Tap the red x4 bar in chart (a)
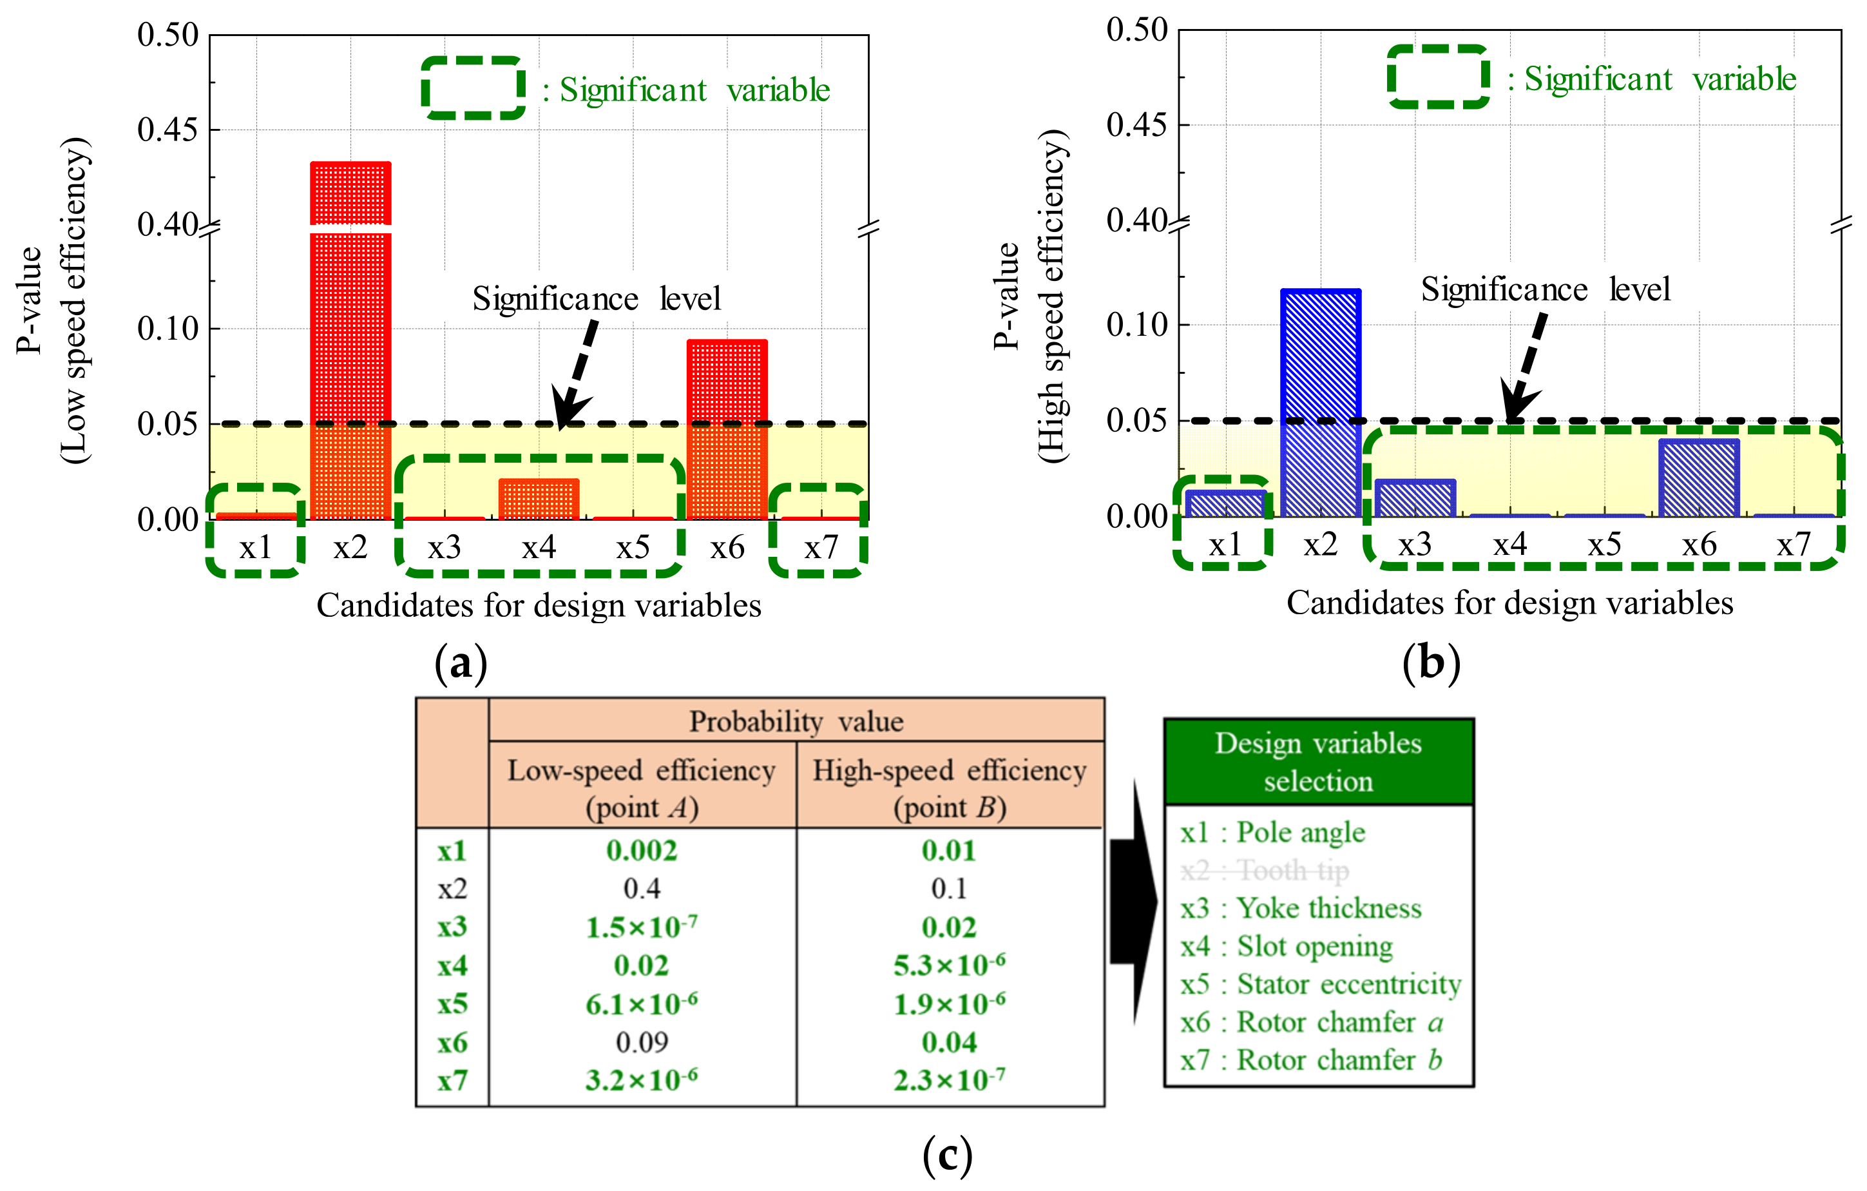point(539,499)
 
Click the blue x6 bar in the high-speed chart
point(1699,478)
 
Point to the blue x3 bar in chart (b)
point(1415,498)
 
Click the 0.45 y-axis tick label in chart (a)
point(168,130)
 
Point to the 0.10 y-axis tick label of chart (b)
point(1136,325)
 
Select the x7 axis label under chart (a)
point(821,547)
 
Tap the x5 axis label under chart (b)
point(1604,545)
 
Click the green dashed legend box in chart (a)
point(473,88)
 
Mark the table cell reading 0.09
point(642,1042)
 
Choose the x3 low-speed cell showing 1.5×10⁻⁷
point(642,927)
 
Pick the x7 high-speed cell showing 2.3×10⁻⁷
point(950,1080)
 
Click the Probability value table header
point(796,721)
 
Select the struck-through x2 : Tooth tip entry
point(1265,870)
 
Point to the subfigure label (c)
point(948,1156)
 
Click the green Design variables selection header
point(1318,761)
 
